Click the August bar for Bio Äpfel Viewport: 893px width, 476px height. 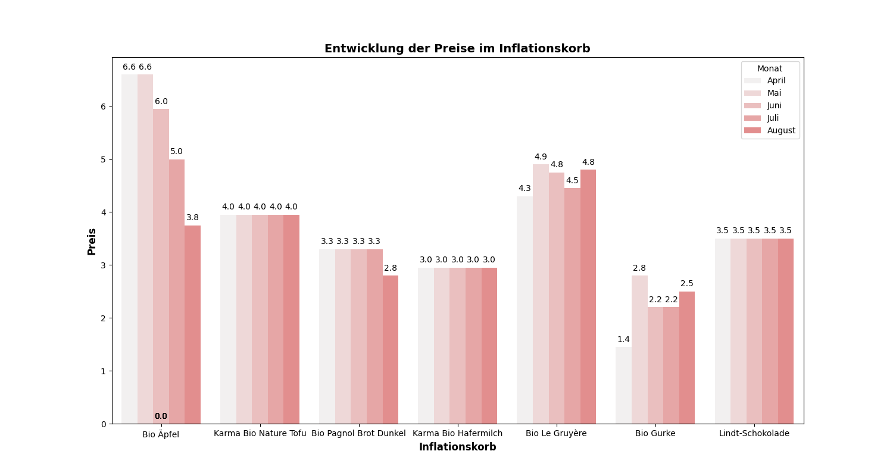pyautogui.click(x=192, y=324)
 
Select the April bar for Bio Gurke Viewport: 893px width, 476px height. pyautogui.click(x=623, y=385)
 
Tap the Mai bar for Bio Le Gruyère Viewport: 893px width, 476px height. pyautogui.click(x=541, y=294)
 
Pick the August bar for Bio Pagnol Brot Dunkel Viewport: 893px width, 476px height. pyautogui.click(x=390, y=349)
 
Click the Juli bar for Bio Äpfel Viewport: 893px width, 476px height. pyautogui.click(x=177, y=292)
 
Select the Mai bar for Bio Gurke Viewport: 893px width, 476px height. pyautogui.click(x=639, y=349)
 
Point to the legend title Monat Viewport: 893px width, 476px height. pyautogui.click(x=770, y=68)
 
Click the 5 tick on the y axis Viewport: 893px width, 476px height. pyautogui.click(x=103, y=159)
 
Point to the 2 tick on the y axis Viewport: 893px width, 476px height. pyautogui.click(x=103, y=318)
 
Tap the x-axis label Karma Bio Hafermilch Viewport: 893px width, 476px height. pyautogui.click(x=457, y=434)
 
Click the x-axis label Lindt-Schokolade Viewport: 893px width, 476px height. pyautogui.click(x=754, y=434)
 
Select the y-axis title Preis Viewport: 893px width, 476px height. pyautogui.click(x=92, y=241)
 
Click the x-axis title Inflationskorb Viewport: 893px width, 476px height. pyautogui.click(x=457, y=447)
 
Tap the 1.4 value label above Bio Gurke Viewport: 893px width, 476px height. pyautogui.click(x=623, y=340)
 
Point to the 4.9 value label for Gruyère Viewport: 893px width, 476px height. pyautogui.click(x=541, y=157)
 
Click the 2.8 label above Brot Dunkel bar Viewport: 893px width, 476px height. pyautogui.click(x=390, y=268)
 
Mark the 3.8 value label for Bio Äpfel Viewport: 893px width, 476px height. pyautogui.click(x=192, y=218)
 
